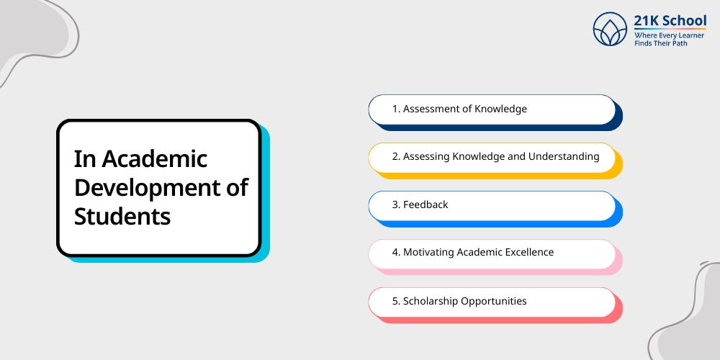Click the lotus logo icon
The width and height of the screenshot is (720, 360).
click(x=610, y=29)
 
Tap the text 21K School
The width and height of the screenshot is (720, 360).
click(x=670, y=21)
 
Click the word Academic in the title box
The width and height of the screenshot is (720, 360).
click(x=154, y=158)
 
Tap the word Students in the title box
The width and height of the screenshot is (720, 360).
click(x=122, y=216)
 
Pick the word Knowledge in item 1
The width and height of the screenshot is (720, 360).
click(x=500, y=109)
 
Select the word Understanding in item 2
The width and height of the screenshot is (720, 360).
click(x=564, y=156)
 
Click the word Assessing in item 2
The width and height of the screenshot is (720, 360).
click(x=426, y=156)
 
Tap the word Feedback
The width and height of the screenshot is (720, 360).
click(x=426, y=204)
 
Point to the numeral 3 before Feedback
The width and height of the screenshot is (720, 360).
click(x=395, y=204)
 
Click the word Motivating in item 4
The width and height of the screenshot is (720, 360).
click(x=428, y=252)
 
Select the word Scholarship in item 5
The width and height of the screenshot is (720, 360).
click(x=431, y=301)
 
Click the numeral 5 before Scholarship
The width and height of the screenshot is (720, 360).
click(x=395, y=301)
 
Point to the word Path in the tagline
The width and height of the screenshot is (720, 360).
click(x=680, y=44)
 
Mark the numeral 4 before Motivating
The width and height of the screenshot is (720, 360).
click(x=395, y=252)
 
